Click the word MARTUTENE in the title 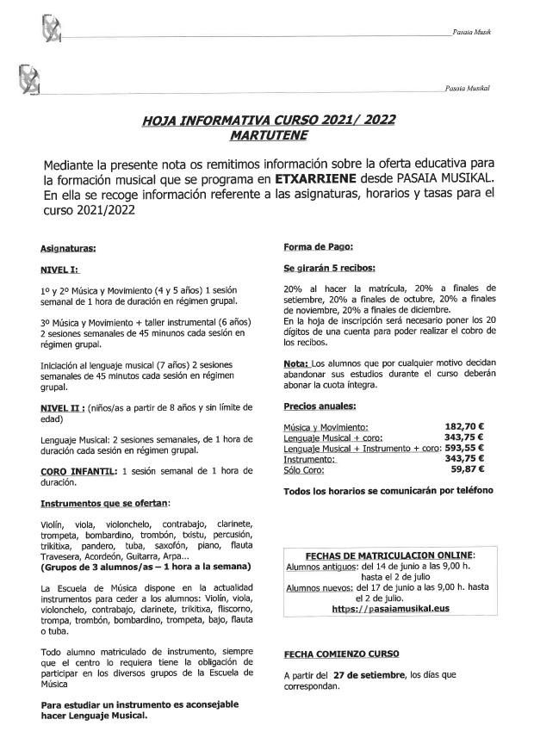[x=268, y=135]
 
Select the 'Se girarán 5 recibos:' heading [x=328, y=269]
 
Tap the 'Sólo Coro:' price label [x=305, y=469]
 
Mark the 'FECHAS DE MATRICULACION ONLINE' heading [x=389, y=555]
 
